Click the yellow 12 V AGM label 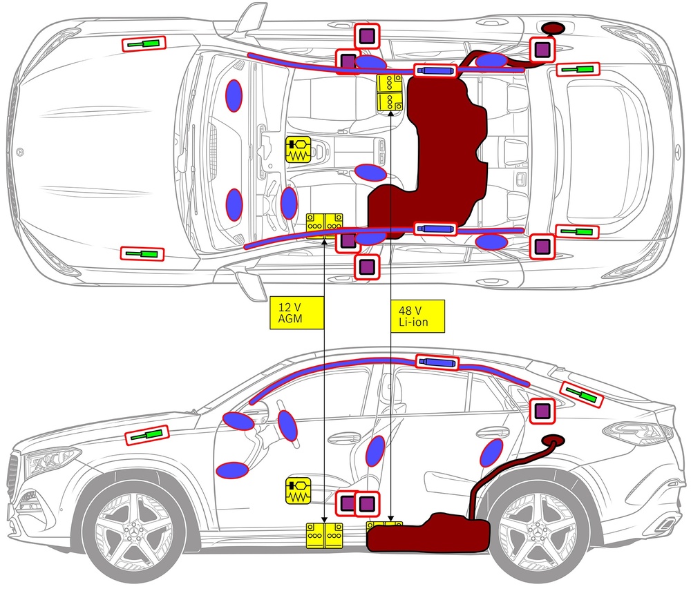coord(296,313)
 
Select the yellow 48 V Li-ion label coord(417,316)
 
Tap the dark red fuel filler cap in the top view coord(553,28)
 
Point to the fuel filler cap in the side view coord(553,440)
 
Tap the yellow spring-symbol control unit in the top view coord(299,149)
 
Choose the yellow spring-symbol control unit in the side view coord(299,491)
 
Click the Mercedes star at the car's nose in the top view coord(19,152)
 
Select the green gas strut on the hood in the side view coord(146,436)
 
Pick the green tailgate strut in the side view coord(582,395)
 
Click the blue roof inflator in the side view coord(437,362)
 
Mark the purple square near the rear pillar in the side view coord(542,411)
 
